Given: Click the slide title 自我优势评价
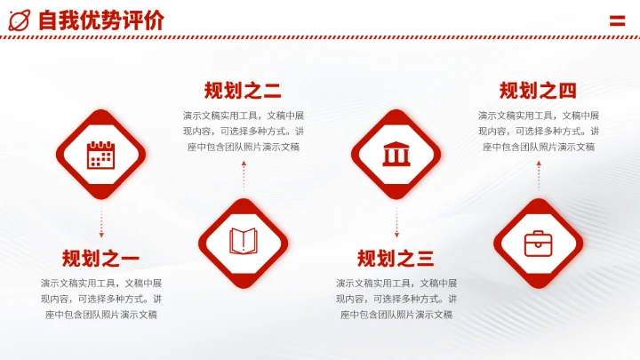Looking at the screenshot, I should click(100, 20).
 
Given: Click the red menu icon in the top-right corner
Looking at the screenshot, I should click(617, 20).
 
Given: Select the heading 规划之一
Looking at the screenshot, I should click(100, 259).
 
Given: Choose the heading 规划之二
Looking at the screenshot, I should click(243, 90).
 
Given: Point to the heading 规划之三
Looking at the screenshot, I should click(396, 259).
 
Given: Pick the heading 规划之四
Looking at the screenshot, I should click(538, 90).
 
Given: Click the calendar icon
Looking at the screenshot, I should click(100, 156).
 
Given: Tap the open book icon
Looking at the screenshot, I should click(243, 241).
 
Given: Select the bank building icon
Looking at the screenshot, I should click(396, 156).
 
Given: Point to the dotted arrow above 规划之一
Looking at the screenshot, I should click(100, 222).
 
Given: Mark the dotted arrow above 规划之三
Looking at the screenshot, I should click(396, 222).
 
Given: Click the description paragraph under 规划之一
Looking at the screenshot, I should click(100, 299).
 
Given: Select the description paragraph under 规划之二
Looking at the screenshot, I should click(243, 131).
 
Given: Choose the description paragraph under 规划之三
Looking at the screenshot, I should click(396, 299).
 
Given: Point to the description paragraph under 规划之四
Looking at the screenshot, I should click(538, 131).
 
